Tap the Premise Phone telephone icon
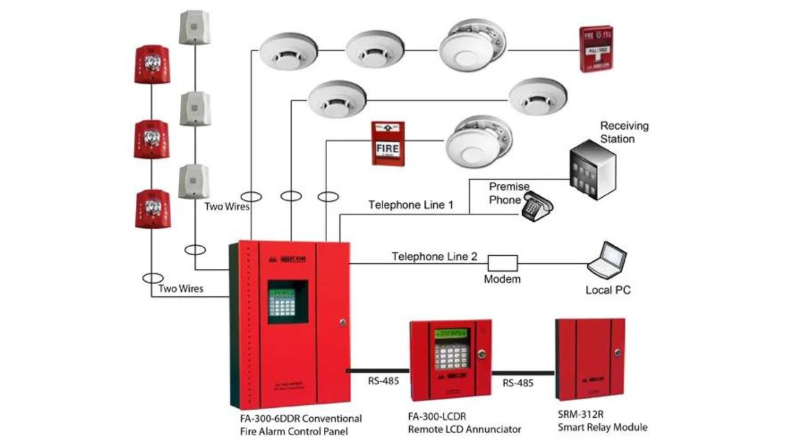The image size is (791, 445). pos(536,205)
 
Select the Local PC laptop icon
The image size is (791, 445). pos(607,260)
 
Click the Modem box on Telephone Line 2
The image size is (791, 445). pos(502,262)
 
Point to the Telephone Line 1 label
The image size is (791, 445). pos(411,205)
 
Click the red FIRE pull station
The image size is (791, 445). pos(387,143)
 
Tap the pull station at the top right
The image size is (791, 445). pos(596,49)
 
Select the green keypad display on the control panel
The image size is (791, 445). pos(287,302)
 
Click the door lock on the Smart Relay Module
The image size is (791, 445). pos(617,354)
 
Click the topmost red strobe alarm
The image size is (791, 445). pos(151,64)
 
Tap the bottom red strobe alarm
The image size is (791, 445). pos(152,208)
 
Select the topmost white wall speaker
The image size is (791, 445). pos(195,27)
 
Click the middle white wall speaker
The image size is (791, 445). pos(195,109)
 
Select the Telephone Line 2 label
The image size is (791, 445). pos(434,256)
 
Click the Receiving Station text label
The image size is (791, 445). pos(624,132)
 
